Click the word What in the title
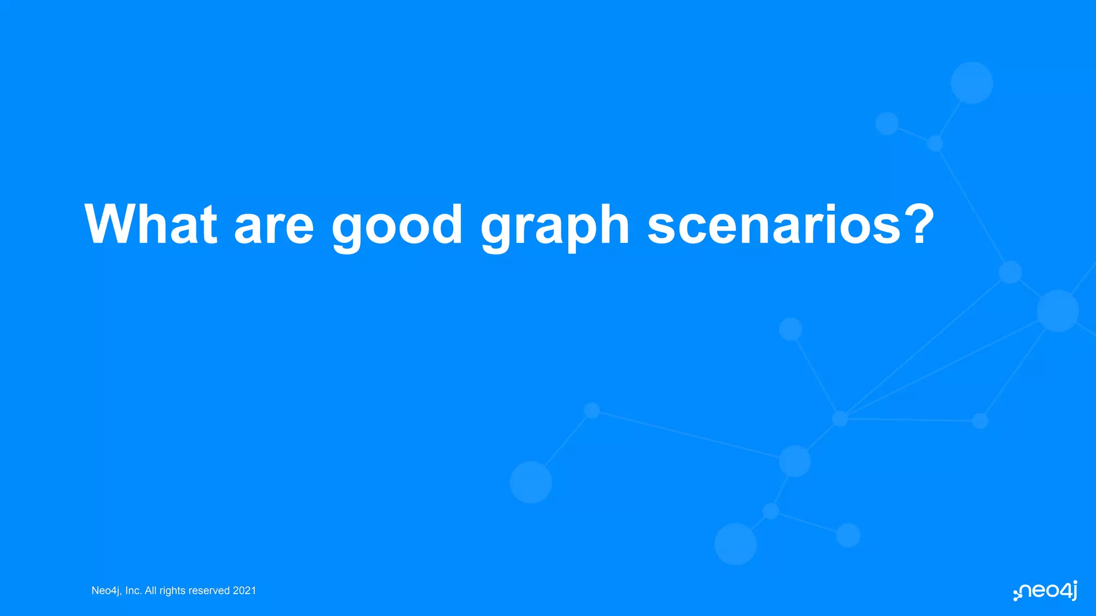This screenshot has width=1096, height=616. pyautogui.click(x=150, y=225)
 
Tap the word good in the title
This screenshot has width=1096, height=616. pyautogui.click(x=397, y=227)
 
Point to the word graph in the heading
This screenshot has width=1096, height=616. pyautogui.click(x=554, y=227)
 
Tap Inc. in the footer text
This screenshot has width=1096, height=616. pyautogui.click(x=133, y=591)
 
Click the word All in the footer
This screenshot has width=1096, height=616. pyautogui.click(x=150, y=591)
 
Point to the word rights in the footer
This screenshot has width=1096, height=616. pyautogui.click(x=172, y=591)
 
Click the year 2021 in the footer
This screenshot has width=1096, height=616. pyautogui.click(x=245, y=591)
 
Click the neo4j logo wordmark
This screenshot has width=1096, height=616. pyautogui.click(x=1048, y=591)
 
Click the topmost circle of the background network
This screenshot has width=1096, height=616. pyautogui.click(x=972, y=83)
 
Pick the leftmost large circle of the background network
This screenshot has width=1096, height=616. pyautogui.click(x=531, y=482)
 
